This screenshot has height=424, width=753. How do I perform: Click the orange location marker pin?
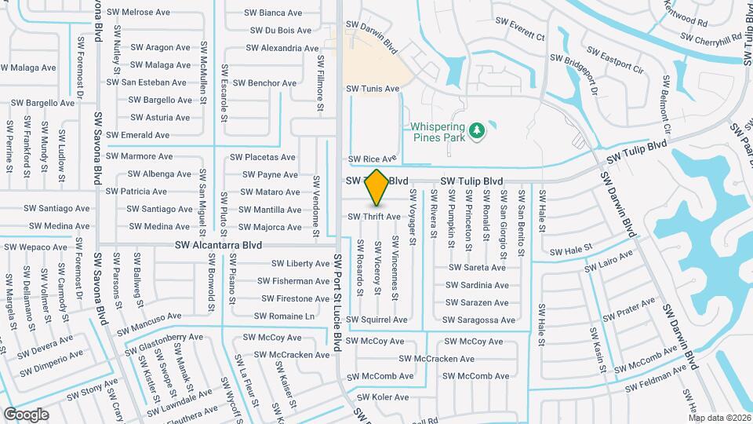(377, 188)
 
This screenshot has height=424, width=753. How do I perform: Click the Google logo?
(26, 414)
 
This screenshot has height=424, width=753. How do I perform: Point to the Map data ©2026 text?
(719, 418)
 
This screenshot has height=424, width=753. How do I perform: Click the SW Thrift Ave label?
(374, 216)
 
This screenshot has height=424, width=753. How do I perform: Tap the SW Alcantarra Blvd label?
(218, 245)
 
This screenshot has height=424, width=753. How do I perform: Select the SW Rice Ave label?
(373, 159)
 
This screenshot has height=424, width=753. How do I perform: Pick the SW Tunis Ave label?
(373, 90)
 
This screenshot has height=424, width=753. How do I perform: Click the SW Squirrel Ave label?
(379, 320)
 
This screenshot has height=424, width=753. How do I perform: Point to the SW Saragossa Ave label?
(478, 320)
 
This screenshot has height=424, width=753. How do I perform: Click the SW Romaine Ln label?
(285, 316)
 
